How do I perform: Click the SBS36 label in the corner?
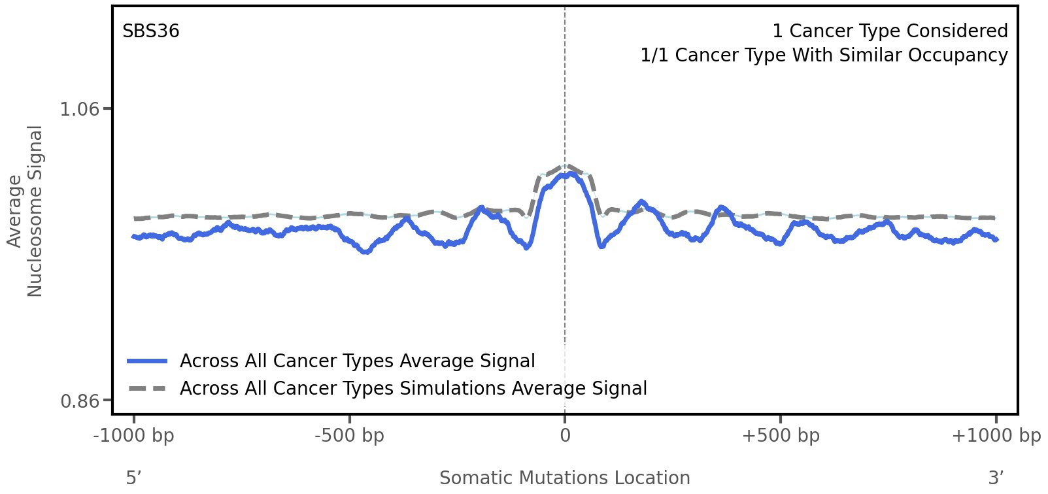151,31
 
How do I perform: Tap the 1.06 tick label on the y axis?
80,108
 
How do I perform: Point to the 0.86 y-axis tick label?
80,401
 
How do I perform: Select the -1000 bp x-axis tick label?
134,436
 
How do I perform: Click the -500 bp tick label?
349,436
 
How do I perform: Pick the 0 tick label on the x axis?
565,436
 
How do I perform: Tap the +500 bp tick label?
781,436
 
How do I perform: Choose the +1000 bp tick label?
996,436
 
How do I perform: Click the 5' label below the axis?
134,478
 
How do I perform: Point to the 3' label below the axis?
996,478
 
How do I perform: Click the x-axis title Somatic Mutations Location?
565,478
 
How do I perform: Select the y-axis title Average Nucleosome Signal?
25,210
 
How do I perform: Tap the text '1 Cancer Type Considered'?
890,31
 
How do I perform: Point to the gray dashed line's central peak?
566,165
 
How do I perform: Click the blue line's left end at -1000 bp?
134,237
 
